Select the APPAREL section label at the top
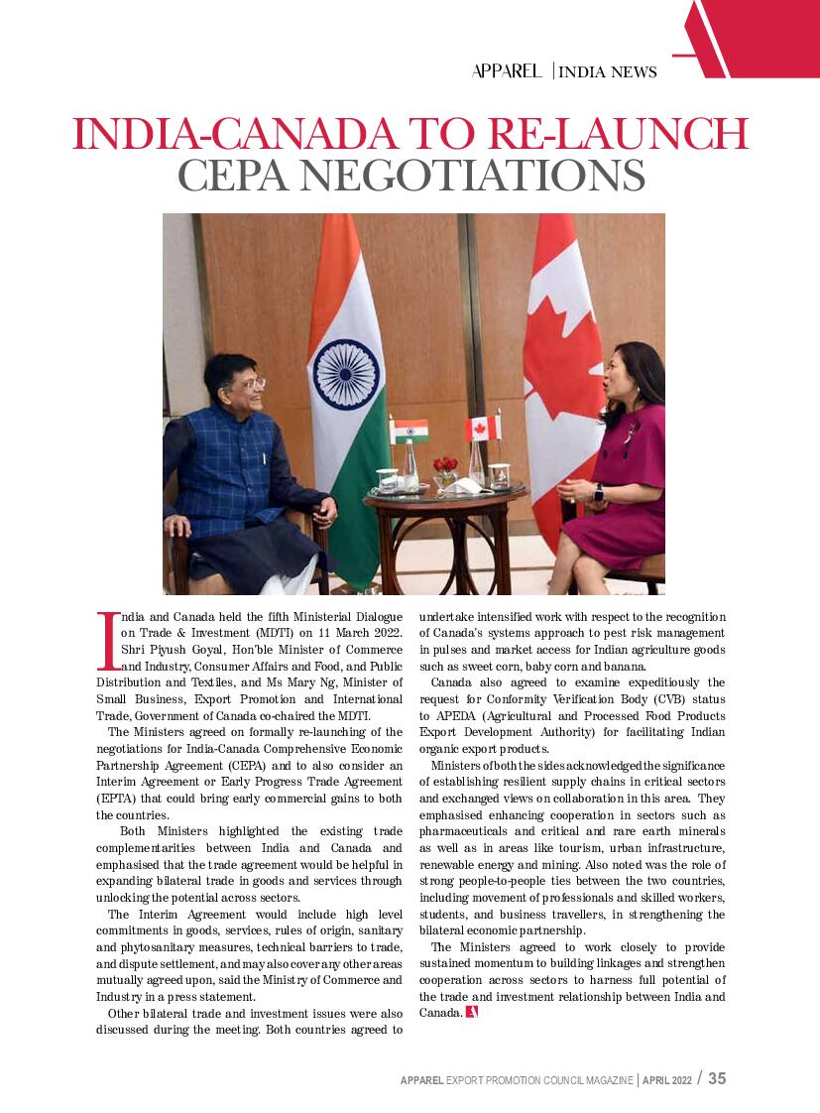pos(507,70)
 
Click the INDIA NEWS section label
pos(608,71)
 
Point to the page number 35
pos(717,1078)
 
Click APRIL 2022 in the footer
pos(667,1079)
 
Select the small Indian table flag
pos(409,432)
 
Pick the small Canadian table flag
pos(482,429)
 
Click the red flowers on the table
pos(445,464)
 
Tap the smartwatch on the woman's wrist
pos(598,492)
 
